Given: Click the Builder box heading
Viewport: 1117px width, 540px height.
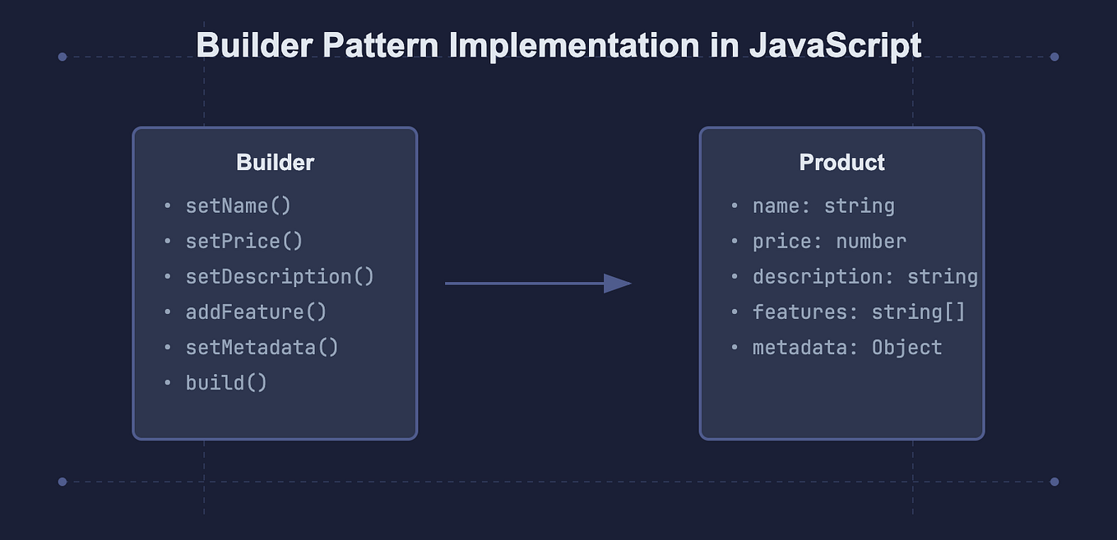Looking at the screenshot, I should coord(275,163).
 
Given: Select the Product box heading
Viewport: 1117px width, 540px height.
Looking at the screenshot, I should coord(841,163).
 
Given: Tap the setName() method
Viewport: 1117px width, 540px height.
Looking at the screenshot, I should coord(239,205).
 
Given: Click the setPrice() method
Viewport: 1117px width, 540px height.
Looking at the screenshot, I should coord(244,241).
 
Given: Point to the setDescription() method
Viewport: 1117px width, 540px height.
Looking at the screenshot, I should coord(280,276).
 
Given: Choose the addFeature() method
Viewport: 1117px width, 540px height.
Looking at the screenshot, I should coord(256,312).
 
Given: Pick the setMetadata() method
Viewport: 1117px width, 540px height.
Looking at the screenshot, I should coord(262,347).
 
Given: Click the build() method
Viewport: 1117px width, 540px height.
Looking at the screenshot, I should coord(226,382).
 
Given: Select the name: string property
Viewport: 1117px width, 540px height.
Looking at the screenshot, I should coord(823,205).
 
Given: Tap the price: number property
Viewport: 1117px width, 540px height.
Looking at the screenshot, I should coord(829,241).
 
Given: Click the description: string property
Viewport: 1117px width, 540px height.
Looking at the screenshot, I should coord(864,276).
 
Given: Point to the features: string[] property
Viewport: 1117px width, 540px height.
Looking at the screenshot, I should coord(859,312).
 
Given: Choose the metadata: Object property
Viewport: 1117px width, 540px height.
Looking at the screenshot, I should coord(847,347).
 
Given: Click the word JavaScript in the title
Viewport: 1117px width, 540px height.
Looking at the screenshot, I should coord(835,45).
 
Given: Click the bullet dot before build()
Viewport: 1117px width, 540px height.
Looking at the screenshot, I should coord(168,383).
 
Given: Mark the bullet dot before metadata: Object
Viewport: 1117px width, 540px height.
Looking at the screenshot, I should coord(735,348).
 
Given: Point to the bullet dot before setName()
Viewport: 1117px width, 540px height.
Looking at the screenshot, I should coord(168,206).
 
